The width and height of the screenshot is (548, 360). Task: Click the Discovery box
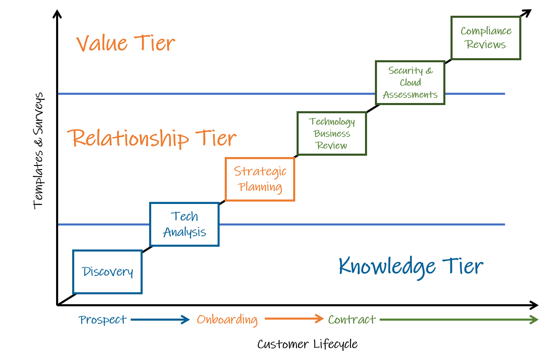(x=107, y=272)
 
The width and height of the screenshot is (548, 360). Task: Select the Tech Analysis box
(x=184, y=224)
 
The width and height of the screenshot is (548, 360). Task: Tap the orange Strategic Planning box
(x=260, y=179)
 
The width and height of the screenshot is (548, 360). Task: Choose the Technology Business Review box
(x=331, y=133)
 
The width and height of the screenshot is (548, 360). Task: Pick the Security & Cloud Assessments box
(x=410, y=82)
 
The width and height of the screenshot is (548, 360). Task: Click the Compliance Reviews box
(x=486, y=38)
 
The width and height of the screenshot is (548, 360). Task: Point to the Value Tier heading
(x=126, y=43)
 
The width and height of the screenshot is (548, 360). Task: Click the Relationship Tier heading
(x=152, y=138)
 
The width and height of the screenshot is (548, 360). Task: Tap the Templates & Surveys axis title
(x=39, y=151)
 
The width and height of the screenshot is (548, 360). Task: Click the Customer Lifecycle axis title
(x=307, y=344)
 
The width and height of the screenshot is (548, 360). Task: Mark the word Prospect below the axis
(x=103, y=320)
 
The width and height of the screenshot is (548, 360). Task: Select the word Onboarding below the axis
(x=227, y=320)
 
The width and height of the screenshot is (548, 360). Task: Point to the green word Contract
(x=352, y=320)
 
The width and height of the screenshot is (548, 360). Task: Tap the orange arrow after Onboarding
(x=294, y=319)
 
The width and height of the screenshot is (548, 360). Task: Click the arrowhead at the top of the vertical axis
(x=57, y=14)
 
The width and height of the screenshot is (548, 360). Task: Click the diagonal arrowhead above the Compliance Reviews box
(x=527, y=13)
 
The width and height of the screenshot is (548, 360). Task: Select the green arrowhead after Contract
(x=534, y=320)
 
